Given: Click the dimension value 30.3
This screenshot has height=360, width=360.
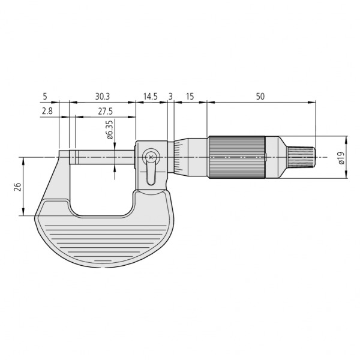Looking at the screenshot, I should (x=102, y=96).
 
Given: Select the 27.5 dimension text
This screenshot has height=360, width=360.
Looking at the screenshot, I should (x=106, y=111).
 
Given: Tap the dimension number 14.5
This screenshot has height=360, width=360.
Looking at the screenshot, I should (x=151, y=96).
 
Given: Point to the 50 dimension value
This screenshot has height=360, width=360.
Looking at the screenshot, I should (x=260, y=96).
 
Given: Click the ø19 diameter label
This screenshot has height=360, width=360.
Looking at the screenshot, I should (x=340, y=158).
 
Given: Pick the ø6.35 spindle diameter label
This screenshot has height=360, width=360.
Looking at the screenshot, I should (x=110, y=129).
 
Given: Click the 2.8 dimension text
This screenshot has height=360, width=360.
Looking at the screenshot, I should (x=47, y=111).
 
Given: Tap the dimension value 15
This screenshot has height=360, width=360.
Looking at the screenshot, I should (x=190, y=96).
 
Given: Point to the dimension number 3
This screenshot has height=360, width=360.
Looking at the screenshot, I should (x=170, y=96).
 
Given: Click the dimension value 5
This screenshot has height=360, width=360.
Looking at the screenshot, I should (x=45, y=96).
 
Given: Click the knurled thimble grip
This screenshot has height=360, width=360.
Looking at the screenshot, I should (x=237, y=157).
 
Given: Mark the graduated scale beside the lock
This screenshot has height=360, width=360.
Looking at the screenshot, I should (x=178, y=157).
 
